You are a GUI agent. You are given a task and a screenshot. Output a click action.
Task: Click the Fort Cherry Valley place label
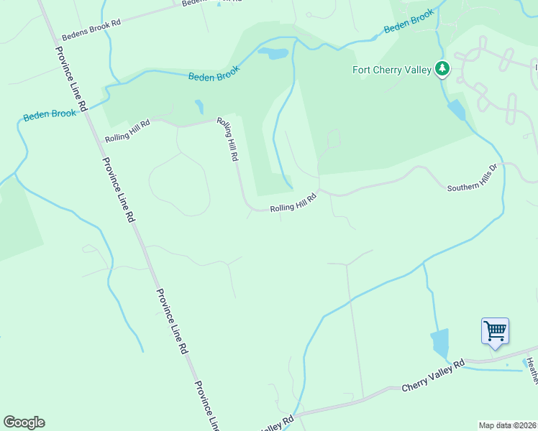(391, 70)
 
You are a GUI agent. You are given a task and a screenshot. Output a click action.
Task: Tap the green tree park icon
(442, 69)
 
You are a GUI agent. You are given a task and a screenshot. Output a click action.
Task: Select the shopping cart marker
(495, 332)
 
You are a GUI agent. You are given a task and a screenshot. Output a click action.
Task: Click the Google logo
(24, 422)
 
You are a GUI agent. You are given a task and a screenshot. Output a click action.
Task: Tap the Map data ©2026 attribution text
(507, 425)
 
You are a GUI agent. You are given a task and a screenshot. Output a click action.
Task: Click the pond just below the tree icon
(456, 111)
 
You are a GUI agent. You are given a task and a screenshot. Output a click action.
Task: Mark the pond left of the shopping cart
(439, 343)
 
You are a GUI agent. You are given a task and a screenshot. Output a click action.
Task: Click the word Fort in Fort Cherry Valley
(362, 70)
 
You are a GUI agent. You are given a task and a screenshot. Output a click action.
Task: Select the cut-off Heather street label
(532, 369)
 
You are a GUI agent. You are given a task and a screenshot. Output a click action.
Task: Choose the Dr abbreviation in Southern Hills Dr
(494, 168)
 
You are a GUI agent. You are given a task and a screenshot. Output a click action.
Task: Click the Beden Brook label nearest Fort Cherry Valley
(409, 22)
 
